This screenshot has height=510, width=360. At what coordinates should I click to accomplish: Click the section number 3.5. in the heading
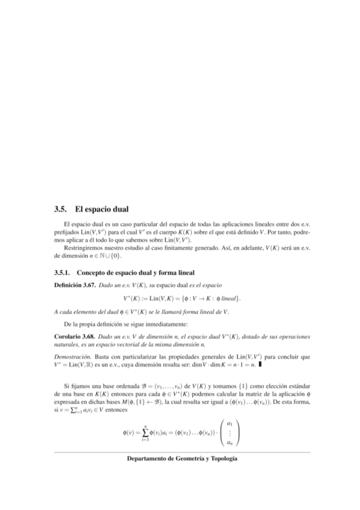pyautogui.click(x=59, y=210)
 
